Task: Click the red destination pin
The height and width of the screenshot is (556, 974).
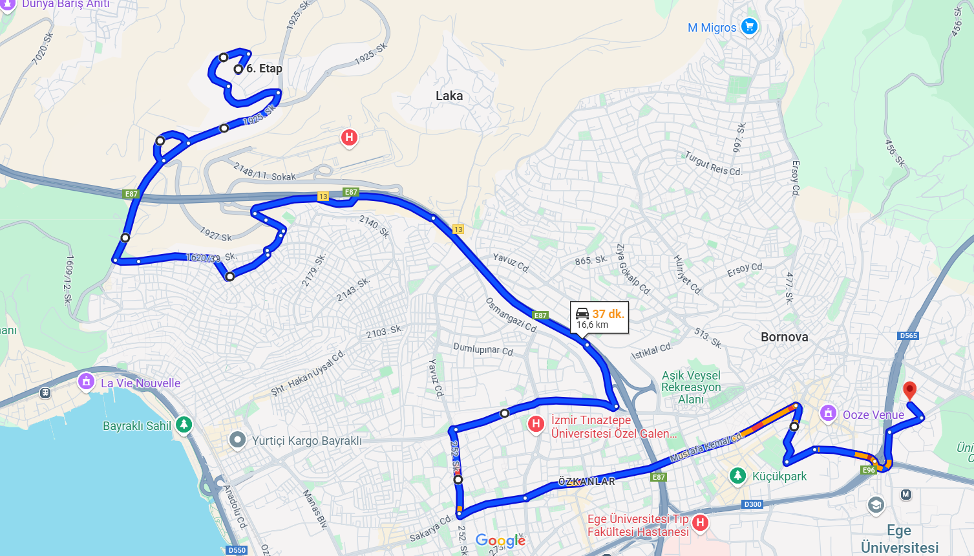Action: (909, 390)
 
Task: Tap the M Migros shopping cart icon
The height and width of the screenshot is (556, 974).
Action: (749, 27)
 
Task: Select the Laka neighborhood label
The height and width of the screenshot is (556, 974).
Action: (449, 96)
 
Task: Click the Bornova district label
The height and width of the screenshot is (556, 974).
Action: (784, 337)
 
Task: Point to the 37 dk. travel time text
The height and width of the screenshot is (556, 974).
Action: (608, 314)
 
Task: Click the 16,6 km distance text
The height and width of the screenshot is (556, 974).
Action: (593, 325)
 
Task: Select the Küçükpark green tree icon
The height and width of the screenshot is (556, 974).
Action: (737, 476)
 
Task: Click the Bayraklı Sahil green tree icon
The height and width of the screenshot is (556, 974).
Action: (184, 425)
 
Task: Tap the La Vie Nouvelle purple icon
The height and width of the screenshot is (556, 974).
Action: (86, 381)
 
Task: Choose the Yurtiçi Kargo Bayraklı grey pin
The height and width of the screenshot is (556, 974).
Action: (238, 440)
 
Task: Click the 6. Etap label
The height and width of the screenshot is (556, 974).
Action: (264, 69)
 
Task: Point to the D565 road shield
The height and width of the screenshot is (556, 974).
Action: (908, 336)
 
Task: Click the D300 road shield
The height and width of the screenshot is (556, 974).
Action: (752, 504)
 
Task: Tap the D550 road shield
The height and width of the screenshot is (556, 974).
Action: (237, 550)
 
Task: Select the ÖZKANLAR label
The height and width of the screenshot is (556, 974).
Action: (586, 482)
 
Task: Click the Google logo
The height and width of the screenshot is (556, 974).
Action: (500, 540)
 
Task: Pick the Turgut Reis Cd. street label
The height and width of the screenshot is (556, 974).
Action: (714, 164)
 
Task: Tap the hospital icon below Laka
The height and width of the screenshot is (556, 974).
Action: (349, 137)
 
